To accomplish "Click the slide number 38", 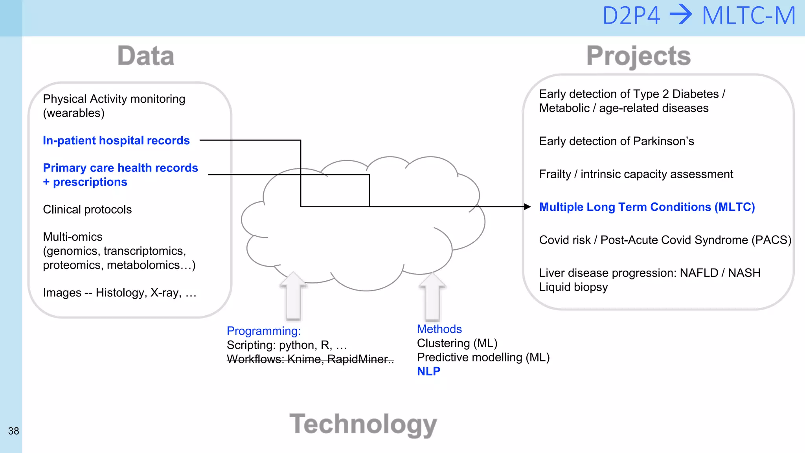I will pyautogui.click(x=13, y=431).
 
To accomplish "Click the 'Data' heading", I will pyautogui.click(x=146, y=56).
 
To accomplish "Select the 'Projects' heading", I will pyautogui.click(x=638, y=56).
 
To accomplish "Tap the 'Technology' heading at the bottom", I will pyautogui.click(x=363, y=424).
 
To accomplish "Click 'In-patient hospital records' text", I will pyautogui.click(x=116, y=140).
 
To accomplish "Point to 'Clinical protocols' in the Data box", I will pyautogui.click(x=87, y=209).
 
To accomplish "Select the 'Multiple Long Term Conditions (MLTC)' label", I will pyautogui.click(x=647, y=207).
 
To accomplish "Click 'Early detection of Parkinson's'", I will pyautogui.click(x=616, y=141).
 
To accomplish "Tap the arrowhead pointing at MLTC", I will pyautogui.click(x=527, y=206).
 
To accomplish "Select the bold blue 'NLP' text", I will pyautogui.click(x=428, y=371).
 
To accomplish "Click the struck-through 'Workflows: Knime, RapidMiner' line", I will pyautogui.click(x=310, y=359).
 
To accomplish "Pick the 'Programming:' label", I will pyautogui.click(x=263, y=331).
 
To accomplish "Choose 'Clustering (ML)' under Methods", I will pyautogui.click(x=457, y=343).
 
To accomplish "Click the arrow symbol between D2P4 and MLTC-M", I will pyautogui.click(x=681, y=16).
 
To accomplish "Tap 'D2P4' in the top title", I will pyautogui.click(x=631, y=16).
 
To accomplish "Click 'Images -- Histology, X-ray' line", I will pyautogui.click(x=119, y=293).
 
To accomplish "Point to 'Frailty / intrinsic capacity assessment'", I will pyautogui.click(x=636, y=174).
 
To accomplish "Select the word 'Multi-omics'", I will pyautogui.click(x=73, y=237).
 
